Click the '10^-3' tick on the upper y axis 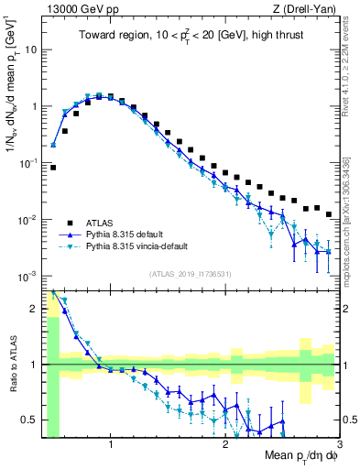coord(27,276)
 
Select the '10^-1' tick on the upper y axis coord(27,162)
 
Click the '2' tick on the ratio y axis coord(35,308)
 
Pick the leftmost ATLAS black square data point coord(53,168)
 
